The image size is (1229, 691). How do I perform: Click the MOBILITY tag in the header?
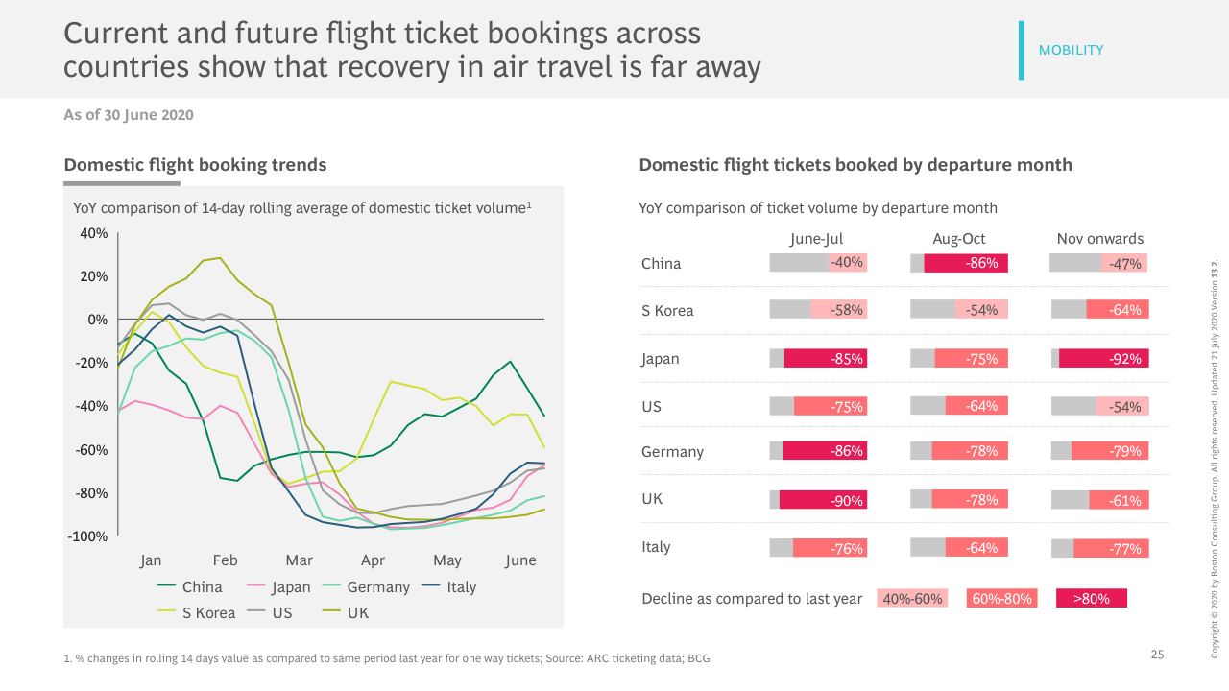[x=1071, y=50]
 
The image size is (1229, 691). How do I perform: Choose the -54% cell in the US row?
[x=1122, y=406]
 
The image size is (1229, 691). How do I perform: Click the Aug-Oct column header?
[x=958, y=239]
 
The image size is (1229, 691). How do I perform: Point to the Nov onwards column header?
[x=1099, y=239]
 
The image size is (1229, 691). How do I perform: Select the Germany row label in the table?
[x=672, y=452]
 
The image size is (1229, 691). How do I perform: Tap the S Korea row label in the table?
[x=667, y=311]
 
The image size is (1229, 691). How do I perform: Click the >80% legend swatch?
[x=1091, y=599]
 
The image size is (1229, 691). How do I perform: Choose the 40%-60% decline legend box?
[x=912, y=599]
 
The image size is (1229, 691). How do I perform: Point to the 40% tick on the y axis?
[x=92, y=233]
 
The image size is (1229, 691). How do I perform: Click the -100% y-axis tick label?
[x=87, y=536]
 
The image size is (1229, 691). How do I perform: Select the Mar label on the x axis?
[x=299, y=560]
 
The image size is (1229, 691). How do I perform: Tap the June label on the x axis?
[x=520, y=560]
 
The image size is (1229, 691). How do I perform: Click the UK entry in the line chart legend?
[x=357, y=612]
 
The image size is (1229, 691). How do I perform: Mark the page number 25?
[x=1157, y=655]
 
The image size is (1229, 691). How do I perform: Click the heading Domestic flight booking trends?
[x=195, y=165]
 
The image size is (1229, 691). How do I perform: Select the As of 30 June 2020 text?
[x=129, y=115]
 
